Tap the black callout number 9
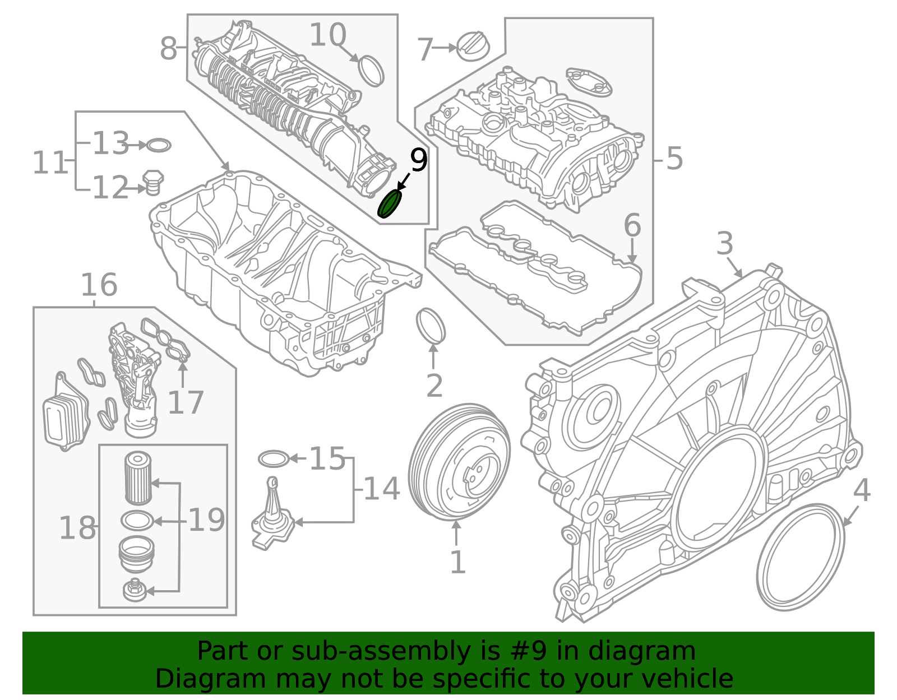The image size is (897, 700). (x=419, y=161)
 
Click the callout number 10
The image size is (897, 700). (x=327, y=35)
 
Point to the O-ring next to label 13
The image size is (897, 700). (x=159, y=146)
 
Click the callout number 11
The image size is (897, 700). (x=49, y=163)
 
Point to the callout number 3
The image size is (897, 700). (x=725, y=244)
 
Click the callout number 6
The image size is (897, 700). (x=632, y=226)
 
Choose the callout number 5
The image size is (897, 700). (x=674, y=159)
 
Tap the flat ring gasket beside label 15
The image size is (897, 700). (x=274, y=459)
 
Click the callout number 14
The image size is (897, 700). (x=381, y=489)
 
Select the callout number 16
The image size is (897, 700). (x=99, y=285)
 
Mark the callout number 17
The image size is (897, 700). (x=185, y=403)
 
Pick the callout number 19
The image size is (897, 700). (x=206, y=520)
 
